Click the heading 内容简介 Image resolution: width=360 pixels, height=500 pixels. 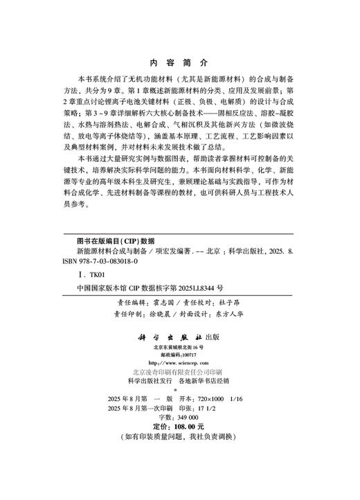click(x=179, y=61)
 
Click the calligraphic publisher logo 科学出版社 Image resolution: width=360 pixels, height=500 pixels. click(x=171, y=338)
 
